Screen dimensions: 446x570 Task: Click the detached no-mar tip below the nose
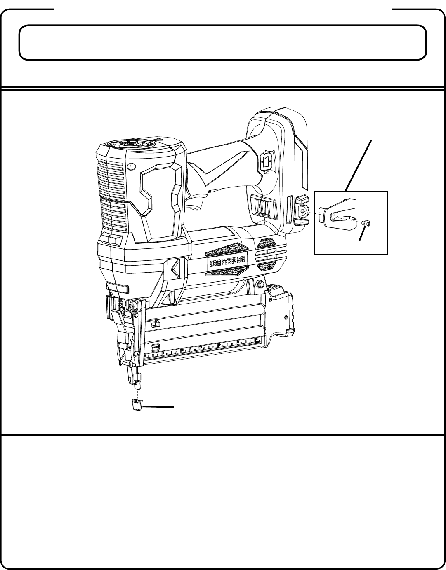[x=136, y=404]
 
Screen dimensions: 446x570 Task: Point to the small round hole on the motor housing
[x=131, y=167]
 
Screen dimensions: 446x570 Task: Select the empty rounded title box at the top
[x=223, y=42]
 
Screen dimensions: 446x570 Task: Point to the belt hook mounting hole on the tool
[x=304, y=211]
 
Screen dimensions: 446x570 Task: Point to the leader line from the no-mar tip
[x=158, y=407]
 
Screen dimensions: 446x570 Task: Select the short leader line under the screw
[x=362, y=234]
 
